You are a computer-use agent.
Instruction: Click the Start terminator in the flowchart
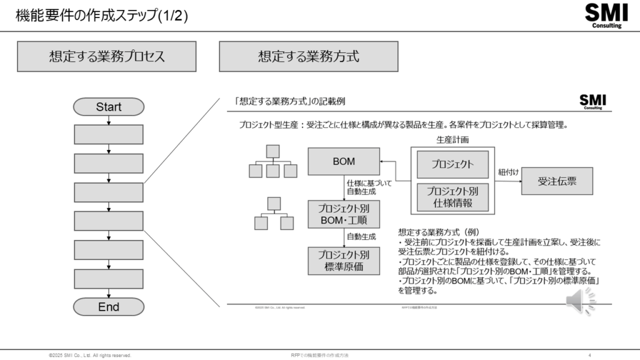click(x=108, y=107)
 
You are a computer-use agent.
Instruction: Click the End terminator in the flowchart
click(x=108, y=307)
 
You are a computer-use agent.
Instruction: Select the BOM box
click(x=344, y=161)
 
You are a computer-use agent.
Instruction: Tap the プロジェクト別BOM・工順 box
click(x=344, y=214)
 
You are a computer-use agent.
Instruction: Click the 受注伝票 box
click(x=557, y=181)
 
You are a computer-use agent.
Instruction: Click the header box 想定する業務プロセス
click(x=107, y=56)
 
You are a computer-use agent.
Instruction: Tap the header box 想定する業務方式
click(x=309, y=56)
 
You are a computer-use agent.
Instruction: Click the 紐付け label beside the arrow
click(x=509, y=171)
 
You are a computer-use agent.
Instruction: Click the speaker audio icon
click(x=581, y=302)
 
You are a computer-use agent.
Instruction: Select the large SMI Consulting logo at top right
click(x=603, y=16)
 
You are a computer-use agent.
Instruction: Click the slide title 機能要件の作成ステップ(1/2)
click(x=102, y=15)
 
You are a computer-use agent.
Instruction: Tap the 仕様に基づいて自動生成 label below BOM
click(x=361, y=187)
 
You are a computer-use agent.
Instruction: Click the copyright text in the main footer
click(x=90, y=355)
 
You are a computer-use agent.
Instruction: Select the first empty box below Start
click(x=108, y=134)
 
